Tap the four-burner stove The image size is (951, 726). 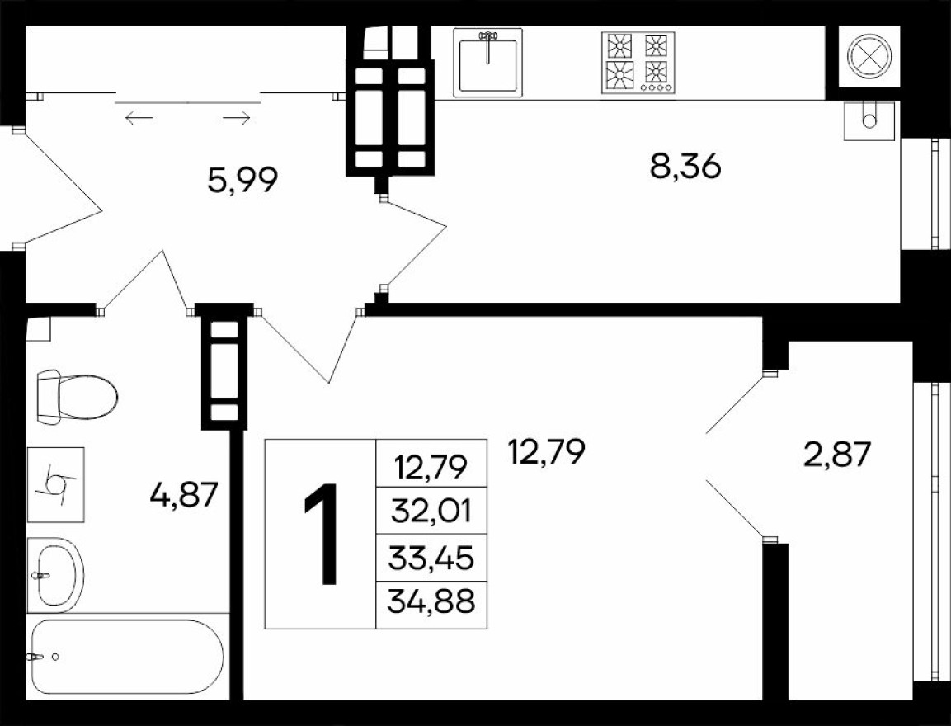click(x=638, y=63)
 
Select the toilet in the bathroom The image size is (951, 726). click(x=77, y=397)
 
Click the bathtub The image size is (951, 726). click(x=126, y=657)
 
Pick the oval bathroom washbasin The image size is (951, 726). click(x=55, y=573)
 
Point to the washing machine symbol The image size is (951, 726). click(x=56, y=484)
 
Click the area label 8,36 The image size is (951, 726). click(x=685, y=167)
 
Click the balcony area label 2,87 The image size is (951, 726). click(x=837, y=454)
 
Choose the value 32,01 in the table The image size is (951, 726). click(x=432, y=512)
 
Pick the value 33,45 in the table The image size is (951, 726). click(x=432, y=559)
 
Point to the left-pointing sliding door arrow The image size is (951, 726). click(x=139, y=119)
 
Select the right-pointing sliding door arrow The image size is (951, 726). click(x=237, y=119)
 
